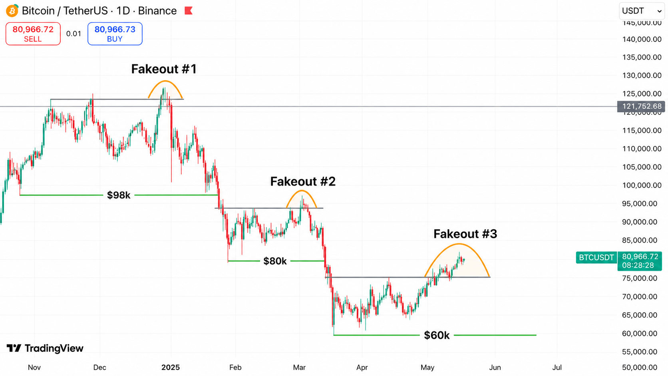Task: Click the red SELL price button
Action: tap(33, 34)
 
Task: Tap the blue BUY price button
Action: tap(115, 34)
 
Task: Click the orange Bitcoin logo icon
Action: tap(12, 11)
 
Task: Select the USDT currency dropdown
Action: tap(642, 11)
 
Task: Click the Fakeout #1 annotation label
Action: tap(164, 69)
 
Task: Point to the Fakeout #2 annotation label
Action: tap(303, 181)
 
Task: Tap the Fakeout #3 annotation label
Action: tap(465, 234)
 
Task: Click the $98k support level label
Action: tap(119, 195)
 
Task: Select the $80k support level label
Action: tap(275, 261)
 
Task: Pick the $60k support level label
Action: tap(437, 335)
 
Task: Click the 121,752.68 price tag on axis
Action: tap(641, 106)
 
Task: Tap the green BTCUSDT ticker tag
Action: tap(596, 257)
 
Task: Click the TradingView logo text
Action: tap(45, 348)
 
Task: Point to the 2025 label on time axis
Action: tap(171, 367)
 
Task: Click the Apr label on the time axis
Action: tap(362, 367)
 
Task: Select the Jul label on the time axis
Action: tap(557, 367)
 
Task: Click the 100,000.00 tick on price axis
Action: tap(642, 185)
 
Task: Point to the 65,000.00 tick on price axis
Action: tap(640, 315)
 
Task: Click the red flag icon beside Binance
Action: tap(189, 11)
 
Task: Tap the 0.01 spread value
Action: tap(74, 34)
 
